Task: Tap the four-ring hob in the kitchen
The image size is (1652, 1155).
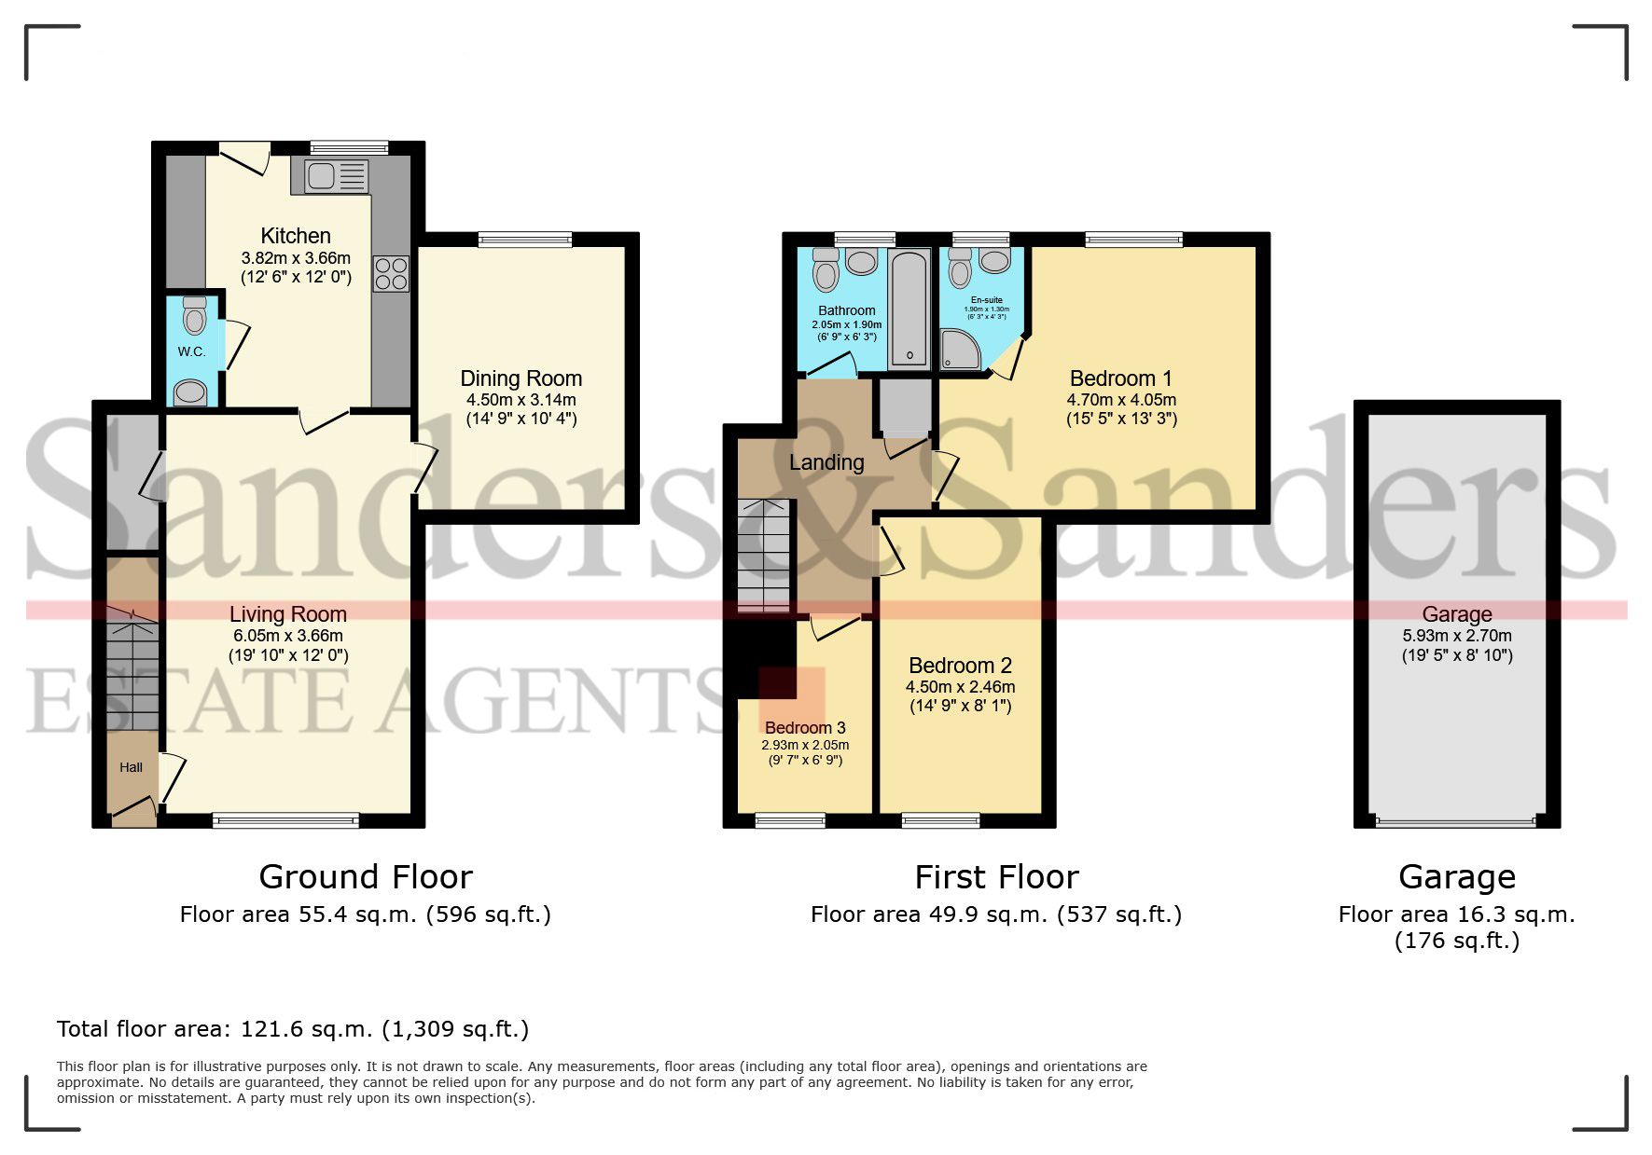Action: [391, 273]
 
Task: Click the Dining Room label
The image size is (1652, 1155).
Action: [521, 378]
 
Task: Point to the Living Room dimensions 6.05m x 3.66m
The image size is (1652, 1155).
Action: [287, 635]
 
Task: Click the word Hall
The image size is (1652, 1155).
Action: [131, 767]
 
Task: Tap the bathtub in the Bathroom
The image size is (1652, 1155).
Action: [909, 307]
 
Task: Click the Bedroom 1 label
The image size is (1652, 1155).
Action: [1120, 378]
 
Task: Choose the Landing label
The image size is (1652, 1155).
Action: [826, 462]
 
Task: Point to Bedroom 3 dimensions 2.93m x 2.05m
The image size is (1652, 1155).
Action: [805, 745]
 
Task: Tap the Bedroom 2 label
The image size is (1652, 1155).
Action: [960, 666]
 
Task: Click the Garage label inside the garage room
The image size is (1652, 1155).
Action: [1456, 614]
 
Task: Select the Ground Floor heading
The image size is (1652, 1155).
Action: [366, 877]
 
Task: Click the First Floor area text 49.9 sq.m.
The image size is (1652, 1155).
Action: [995, 914]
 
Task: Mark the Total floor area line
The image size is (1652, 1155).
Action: [292, 1029]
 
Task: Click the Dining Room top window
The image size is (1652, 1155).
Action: [524, 240]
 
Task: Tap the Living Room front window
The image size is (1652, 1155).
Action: [285, 820]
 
